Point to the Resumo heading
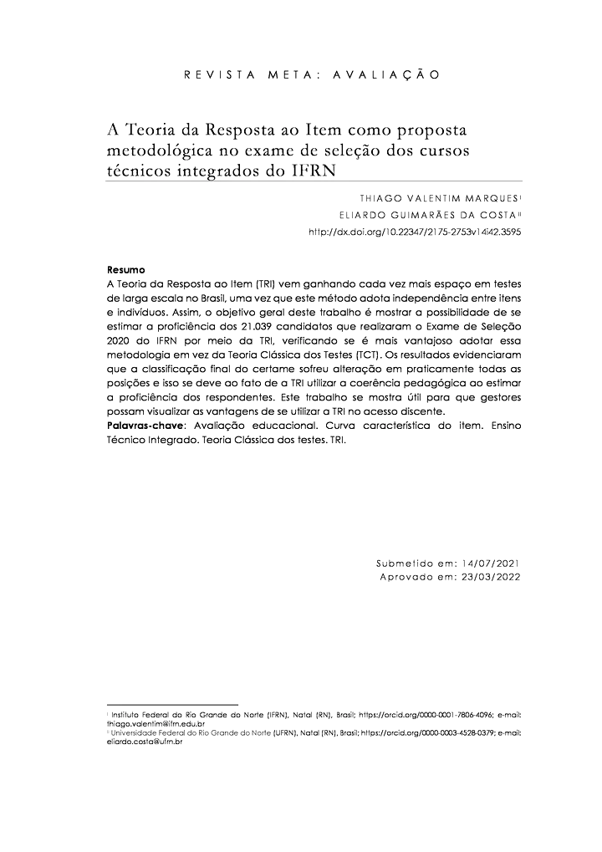pyautogui.click(x=126, y=270)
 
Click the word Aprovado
pyautogui.click(x=405, y=578)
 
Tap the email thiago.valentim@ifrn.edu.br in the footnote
pyautogui.click(x=156, y=723)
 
